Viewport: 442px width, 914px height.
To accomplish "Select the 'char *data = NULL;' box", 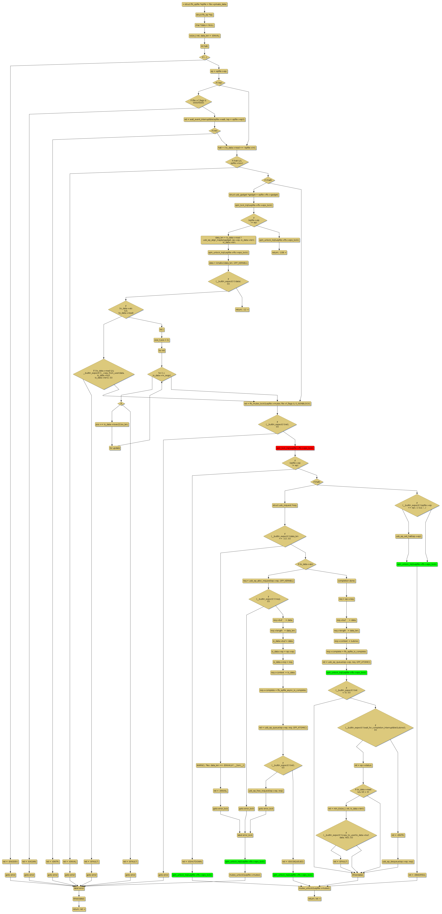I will (x=205, y=25).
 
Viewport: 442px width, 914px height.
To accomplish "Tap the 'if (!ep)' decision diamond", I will (x=219, y=83).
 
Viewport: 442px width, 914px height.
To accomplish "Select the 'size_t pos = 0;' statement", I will (x=162, y=340).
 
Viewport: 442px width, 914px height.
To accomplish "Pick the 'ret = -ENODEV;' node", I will (x=10, y=861).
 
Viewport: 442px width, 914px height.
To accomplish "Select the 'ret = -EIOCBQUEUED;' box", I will (x=293, y=861).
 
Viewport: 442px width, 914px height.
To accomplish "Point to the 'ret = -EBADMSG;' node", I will (x=417, y=875).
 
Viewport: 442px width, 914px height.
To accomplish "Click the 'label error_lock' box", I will (x=245, y=835).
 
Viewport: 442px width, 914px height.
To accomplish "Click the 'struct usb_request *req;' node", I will (x=285, y=505).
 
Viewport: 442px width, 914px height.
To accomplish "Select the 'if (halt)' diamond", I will (x=317, y=482).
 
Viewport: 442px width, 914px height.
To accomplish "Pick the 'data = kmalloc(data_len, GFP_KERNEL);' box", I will (x=228, y=263).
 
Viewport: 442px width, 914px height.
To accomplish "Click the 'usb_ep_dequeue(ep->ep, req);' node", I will (x=398, y=861).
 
